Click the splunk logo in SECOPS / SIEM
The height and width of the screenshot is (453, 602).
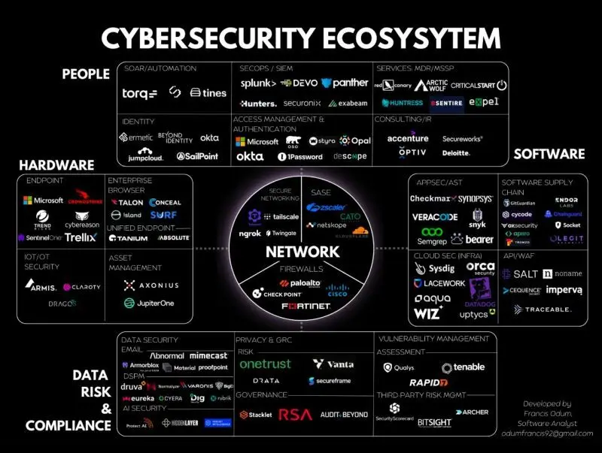(258, 83)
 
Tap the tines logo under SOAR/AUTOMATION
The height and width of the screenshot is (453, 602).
(208, 93)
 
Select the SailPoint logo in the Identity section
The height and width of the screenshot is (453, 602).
(197, 156)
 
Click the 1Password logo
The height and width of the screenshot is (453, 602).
(299, 157)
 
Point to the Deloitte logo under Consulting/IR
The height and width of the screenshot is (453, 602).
(456, 153)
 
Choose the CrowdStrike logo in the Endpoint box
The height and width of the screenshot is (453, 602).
(84, 201)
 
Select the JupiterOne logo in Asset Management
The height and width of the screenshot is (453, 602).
(150, 303)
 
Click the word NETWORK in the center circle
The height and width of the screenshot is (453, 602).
(303, 252)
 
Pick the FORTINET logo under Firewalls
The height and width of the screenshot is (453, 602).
(306, 307)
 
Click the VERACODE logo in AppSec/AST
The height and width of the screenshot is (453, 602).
(434, 217)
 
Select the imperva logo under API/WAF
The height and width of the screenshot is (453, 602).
(563, 290)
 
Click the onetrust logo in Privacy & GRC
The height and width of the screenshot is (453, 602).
(265, 364)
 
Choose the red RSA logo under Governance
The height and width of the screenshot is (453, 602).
(295, 414)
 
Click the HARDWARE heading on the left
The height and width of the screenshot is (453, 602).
(56, 165)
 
